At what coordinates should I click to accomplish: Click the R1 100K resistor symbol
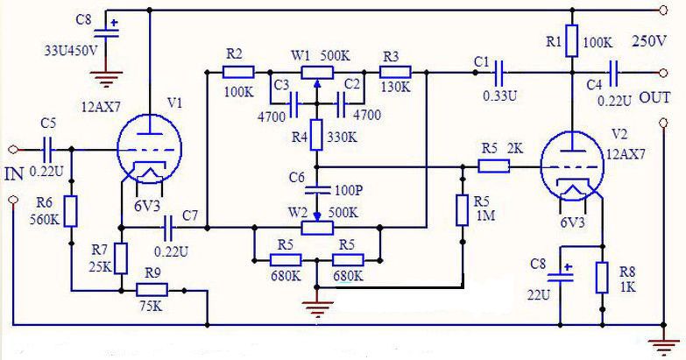click(x=572, y=40)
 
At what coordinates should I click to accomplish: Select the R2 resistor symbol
click(x=238, y=72)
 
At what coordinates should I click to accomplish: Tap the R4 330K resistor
click(x=316, y=135)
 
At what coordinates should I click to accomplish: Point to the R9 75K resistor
click(x=152, y=290)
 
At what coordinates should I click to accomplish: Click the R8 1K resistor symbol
click(x=602, y=278)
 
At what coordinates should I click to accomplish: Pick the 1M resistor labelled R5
click(x=463, y=210)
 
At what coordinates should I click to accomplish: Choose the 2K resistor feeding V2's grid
click(x=493, y=166)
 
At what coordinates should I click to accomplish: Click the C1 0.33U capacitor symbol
click(x=499, y=73)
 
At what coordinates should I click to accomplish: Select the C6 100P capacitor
click(x=317, y=189)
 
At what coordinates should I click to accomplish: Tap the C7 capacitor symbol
click(x=168, y=228)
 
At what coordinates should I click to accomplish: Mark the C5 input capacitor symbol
click(x=48, y=150)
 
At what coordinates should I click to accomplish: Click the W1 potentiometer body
click(x=317, y=72)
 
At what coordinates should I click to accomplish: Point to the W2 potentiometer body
click(x=317, y=228)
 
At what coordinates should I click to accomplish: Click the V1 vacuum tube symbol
click(x=150, y=148)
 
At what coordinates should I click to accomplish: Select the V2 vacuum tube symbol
click(x=572, y=166)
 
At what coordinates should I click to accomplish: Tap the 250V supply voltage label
click(x=649, y=40)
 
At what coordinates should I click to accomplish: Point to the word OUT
click(x=654, y=97)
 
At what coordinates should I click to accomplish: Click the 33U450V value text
click(x=70, y=50)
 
